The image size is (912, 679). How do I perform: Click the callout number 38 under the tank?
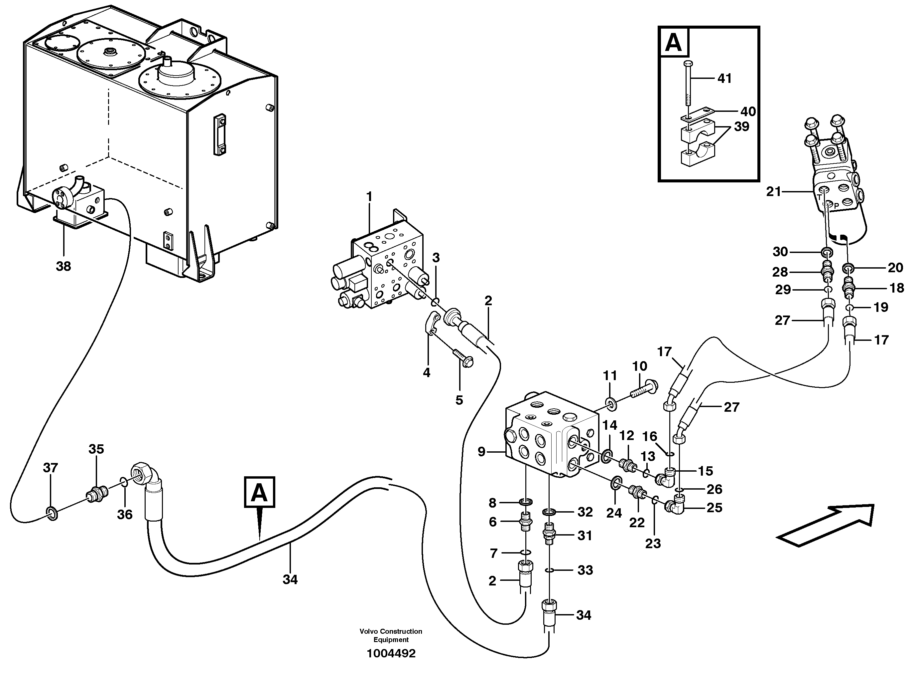pyautogui.click(x=64, y=266)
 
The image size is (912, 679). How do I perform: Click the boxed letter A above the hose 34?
pyautogui.click(x=259, y=492)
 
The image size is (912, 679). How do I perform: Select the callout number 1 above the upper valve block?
pyautogui.click(x=369, y=197)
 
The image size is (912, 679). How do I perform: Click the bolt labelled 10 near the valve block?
pyautogui.click(x=643, y=388)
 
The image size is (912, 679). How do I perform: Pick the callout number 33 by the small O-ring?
pyautogui.click(x=585, y=570)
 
